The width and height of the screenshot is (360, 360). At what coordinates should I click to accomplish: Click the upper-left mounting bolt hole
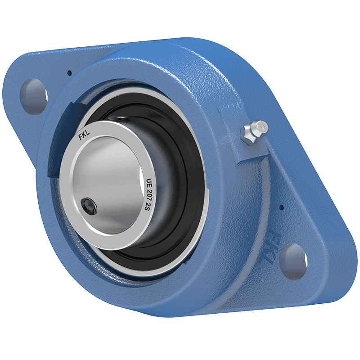point(35,96)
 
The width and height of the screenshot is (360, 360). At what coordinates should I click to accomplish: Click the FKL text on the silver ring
point(84,136)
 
